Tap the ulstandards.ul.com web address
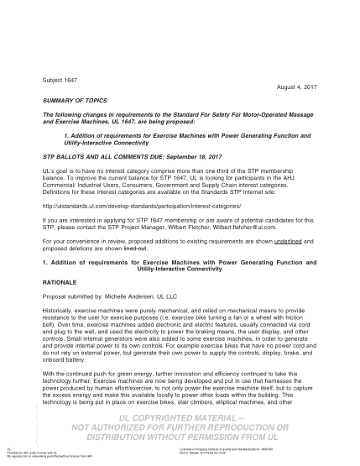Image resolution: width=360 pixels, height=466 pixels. (x=129, y=204)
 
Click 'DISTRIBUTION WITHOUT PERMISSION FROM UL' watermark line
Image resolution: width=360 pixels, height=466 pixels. (x=180, y=437)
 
